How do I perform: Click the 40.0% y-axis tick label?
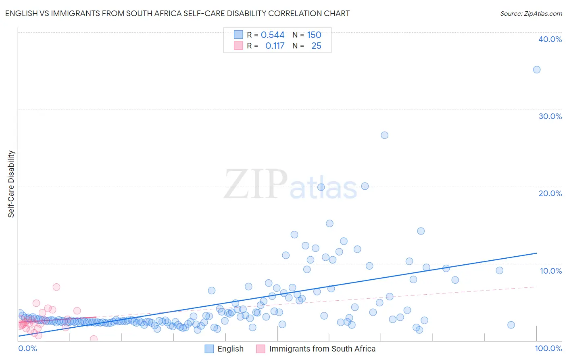pos(550,39)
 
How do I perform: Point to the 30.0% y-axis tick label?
pos(550,116)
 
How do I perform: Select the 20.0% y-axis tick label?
pos(550,193)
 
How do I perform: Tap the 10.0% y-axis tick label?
pos(551,271)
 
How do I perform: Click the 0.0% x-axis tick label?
pos(27,348)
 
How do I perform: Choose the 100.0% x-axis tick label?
pos(548,348)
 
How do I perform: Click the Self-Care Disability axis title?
pos(11,184)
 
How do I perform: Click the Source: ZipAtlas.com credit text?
pos(531,13)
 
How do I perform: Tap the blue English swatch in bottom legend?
pos(209,349)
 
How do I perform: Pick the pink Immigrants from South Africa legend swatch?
pos(261,349)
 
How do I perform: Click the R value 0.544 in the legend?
pos(273,35)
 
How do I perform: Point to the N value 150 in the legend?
pos(314,35)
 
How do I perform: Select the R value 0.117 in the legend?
pos(275,46)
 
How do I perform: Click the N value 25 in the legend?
pos(316,46)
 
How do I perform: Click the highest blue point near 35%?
pos(537,69)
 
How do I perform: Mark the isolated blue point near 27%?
pos(384,135)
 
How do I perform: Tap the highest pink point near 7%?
pos(56,287)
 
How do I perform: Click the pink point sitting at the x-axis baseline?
pos(94,339)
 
